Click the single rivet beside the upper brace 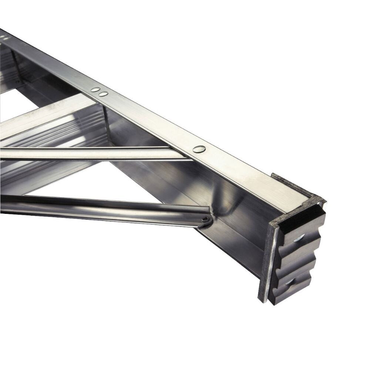tap(199, 149)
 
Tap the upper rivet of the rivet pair tap(95, 90)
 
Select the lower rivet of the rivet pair tap(103, 94)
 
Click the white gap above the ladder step tap(30, 104)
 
